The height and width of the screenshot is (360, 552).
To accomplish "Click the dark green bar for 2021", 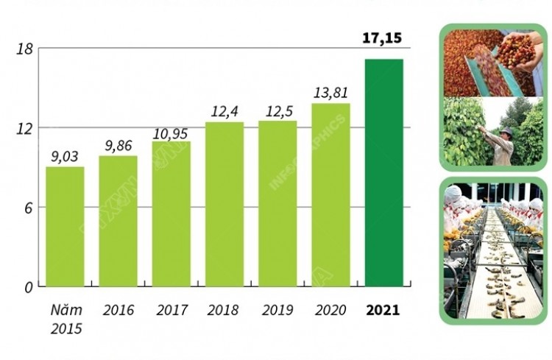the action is click(383, 172).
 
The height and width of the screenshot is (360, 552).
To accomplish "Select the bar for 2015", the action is click(65, 227).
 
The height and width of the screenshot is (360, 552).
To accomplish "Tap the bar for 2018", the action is click(224, 205).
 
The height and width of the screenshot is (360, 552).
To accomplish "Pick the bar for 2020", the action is click(331, 195).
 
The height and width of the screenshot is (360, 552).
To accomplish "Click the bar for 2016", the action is click(118, 221).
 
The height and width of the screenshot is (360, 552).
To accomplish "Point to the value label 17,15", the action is click(382, 38).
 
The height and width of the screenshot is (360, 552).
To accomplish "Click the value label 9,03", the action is click(65, 156).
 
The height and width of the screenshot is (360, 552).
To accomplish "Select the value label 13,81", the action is click(330, 93).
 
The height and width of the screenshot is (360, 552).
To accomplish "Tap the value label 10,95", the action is click(171, 134).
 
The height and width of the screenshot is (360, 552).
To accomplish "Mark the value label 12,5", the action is click(279, 112).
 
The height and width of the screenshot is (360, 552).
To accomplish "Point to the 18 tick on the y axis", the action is click(24, 49).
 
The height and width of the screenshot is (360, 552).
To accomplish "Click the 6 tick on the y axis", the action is click(28, 208).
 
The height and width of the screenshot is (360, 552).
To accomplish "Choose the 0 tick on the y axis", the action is click(29, 288).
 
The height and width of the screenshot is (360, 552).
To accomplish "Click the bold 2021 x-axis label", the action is click(383, 311).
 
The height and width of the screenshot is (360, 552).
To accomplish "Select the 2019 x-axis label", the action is click(277, 311).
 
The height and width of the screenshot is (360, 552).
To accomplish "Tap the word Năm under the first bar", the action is click(66, 311).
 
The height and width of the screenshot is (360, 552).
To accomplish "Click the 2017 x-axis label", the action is click(171, 311).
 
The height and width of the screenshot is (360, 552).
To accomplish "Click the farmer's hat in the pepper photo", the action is click(506, 130).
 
